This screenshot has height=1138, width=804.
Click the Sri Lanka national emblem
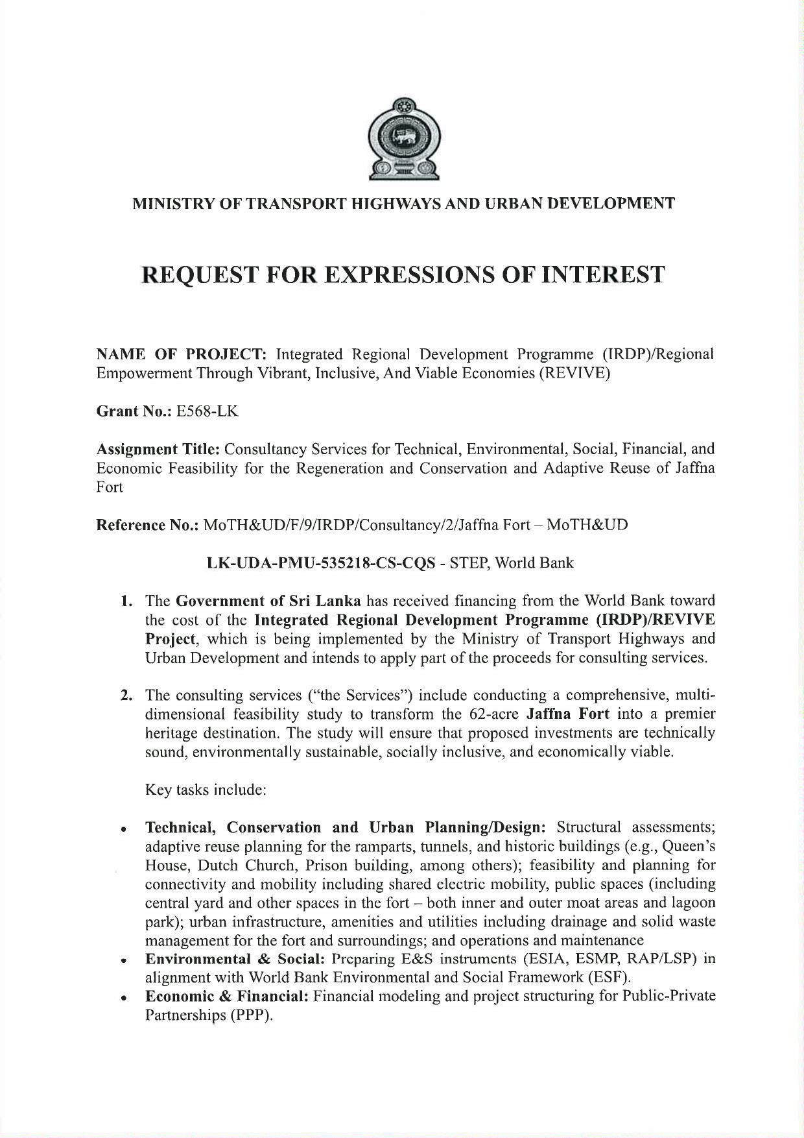coord(402,138)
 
